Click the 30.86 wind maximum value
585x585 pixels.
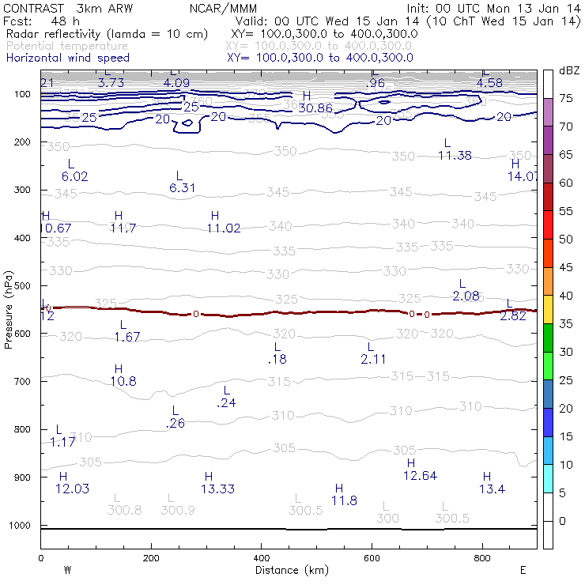315,108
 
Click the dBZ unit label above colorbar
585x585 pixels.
568,71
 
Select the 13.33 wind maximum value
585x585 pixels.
217,489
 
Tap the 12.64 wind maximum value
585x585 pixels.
420,475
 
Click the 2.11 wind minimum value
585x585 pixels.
373,359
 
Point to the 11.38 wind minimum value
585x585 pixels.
455,155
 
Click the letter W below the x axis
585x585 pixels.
67,569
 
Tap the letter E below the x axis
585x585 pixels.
523,569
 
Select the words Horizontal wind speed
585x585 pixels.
67,58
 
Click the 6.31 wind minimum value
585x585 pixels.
182,187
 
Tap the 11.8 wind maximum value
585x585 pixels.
344,500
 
